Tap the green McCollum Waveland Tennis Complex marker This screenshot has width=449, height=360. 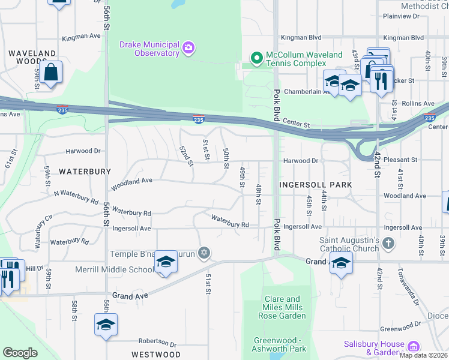point(257,58)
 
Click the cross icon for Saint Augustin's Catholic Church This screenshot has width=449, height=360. point(388,243)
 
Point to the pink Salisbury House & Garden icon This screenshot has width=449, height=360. point(412,347)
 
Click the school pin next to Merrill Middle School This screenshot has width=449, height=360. point(166,262)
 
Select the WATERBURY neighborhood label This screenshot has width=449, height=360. point(85,172)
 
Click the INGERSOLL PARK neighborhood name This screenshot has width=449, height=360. point(315,185)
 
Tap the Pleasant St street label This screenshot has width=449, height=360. point(402,160)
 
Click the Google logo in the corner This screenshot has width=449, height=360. point(20,353)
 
